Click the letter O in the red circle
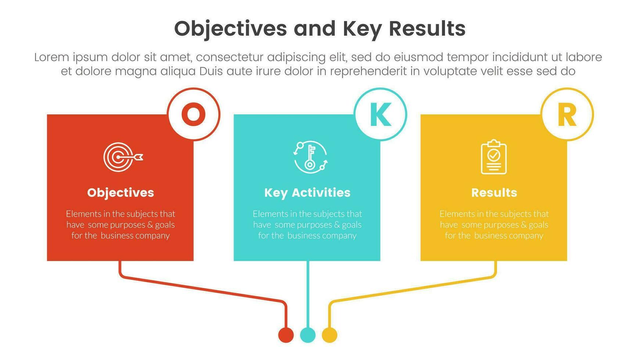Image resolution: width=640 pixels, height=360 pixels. [194, 114]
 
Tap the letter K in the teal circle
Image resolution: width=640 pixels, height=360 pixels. [380, 114]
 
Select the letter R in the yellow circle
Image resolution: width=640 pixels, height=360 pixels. [567, 115]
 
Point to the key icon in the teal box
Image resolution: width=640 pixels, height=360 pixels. [310, 157]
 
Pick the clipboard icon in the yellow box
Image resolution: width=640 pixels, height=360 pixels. [494, 157]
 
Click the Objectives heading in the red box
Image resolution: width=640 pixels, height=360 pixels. [121, 192]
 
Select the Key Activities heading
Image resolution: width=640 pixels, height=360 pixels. [307, 192]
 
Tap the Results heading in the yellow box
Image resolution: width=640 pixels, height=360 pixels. [494, 192]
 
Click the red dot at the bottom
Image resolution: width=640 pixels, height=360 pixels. [286, 335]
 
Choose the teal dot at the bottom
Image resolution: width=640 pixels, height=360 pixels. [308, 335]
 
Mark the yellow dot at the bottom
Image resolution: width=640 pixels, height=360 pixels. [330, 335]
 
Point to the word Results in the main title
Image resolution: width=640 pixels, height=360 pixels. [427, 29]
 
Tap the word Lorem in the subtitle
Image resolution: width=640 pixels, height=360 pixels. [51, 57]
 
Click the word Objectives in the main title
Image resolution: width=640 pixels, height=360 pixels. [230, 29]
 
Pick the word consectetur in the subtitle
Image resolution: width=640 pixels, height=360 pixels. [230, 57]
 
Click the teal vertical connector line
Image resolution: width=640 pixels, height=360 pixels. [308, 294]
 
